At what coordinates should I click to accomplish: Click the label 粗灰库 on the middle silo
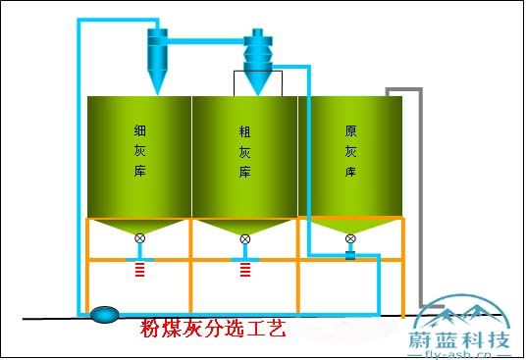coord(245,151)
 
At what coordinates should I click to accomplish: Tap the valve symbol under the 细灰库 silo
coord(140,238)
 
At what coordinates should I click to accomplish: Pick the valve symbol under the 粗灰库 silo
coord(245,238)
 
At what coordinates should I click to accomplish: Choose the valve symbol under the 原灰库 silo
coord(350,238)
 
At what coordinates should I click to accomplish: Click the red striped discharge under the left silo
coord(140,268)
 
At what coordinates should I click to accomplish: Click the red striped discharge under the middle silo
coord(245,268)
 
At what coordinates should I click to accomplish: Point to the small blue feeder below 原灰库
coord(350,255)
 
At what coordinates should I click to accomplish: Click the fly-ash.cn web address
coord(460,354)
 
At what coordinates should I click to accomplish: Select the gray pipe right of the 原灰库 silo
coord(421,196)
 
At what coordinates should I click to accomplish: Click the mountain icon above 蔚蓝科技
coord(460,313)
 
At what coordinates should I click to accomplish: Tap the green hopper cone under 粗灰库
coord(245,227)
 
